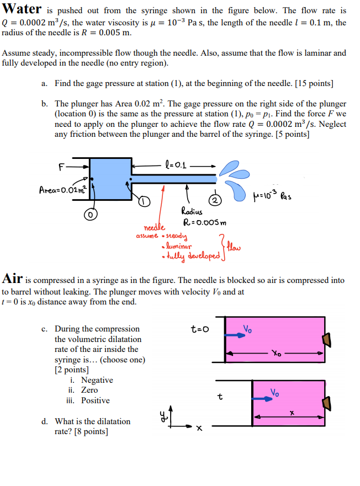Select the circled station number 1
(x=144, y=201)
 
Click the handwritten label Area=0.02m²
(x=61, y=190)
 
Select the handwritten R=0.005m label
(x=205, y=223)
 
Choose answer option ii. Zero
(x=83, y=390)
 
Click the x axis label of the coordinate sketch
(x=199, y=427)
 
